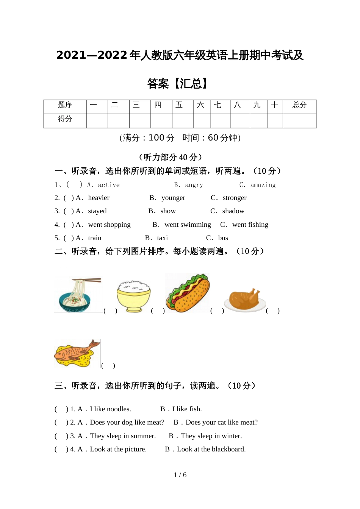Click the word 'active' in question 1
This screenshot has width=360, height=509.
coord(109,185)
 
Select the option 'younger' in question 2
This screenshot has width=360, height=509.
coord(173,198)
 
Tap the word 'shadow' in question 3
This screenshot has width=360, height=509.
coord(233,211)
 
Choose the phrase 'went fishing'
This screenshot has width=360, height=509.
coord(250,225)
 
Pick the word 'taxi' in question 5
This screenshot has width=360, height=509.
coord(162,238)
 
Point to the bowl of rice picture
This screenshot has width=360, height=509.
coord(134,296)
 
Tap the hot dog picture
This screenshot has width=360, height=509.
coord(188,293)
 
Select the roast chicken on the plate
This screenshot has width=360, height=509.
coord(245,300)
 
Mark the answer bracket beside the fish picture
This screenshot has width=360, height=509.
coord(108,366)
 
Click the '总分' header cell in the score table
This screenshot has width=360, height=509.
coord(299,105)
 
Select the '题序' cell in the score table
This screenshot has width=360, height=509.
coord(65,105)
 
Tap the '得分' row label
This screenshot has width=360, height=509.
coord(65,119)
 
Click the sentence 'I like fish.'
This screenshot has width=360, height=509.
coord(187,409)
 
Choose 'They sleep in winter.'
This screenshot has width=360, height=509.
coord(211,436)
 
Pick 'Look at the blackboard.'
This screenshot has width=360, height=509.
coord(211,449)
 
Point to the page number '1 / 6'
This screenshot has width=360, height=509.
coord(180,475)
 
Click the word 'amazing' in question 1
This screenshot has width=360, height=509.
coord(263,185)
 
